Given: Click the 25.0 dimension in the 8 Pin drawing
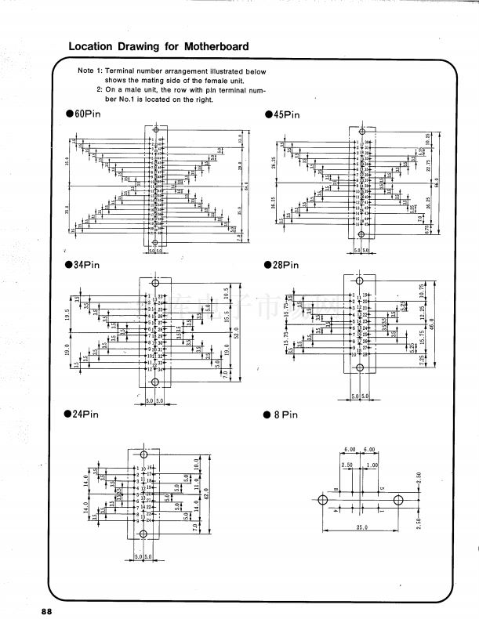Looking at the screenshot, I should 361,528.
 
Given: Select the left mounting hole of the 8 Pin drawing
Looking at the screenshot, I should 322,498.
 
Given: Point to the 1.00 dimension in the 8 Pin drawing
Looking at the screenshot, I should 372,465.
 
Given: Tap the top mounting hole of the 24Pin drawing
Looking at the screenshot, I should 143,455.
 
